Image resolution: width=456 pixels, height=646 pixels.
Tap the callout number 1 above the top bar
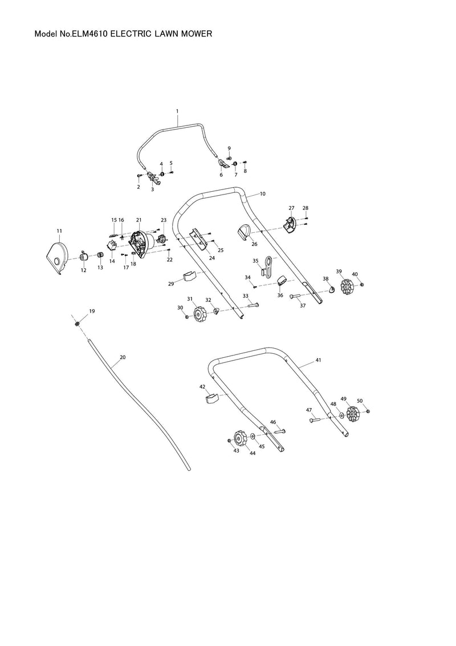click(x=177, y=111)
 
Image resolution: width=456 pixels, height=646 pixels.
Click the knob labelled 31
click(x=200, y=313)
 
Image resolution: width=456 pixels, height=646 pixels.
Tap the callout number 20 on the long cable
click(x=122, y=357)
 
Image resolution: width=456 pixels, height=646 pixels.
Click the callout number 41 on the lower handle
click(x=318, y=361)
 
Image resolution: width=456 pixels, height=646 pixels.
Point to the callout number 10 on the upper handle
click(x=262, y=194)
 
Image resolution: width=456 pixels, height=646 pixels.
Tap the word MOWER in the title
click(x=196, y=34)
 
